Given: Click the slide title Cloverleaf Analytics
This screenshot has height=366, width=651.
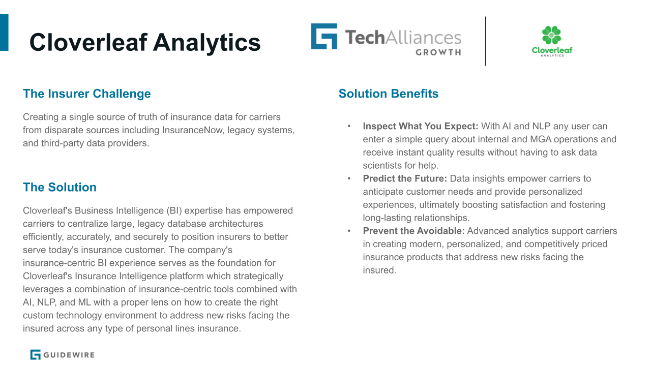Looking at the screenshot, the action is pos(145,42).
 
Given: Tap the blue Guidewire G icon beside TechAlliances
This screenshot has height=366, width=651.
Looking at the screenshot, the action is pos(324,36).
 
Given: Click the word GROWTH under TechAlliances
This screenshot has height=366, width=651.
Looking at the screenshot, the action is pos(438,52).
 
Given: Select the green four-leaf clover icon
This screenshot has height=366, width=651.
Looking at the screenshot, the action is pos(551,35).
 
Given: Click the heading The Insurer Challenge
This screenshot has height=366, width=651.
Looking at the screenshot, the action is pos(87,94).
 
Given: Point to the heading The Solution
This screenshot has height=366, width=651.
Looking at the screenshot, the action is pos(60,187).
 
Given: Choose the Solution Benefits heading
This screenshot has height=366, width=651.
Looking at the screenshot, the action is pos(388,94).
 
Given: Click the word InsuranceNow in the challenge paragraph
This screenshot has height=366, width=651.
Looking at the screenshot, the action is pos(193,130).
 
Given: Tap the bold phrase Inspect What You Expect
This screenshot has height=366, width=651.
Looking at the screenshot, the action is pos(420,126).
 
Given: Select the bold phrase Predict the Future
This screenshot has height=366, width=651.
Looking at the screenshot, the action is pos(404,178).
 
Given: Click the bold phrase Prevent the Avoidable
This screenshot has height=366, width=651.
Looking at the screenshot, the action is pos(413,231).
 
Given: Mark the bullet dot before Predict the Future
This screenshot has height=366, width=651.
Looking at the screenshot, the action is pos(349,178).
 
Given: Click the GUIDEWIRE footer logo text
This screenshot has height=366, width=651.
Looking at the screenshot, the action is pos(69,355).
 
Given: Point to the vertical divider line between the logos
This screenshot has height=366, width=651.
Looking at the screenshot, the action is pos(485,41).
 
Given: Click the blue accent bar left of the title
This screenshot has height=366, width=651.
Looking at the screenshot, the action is pos(4,33).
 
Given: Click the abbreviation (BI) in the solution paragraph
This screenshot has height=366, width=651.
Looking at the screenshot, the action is pos(174,210).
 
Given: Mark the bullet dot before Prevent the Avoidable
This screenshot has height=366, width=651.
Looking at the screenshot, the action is pos(349,231).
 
